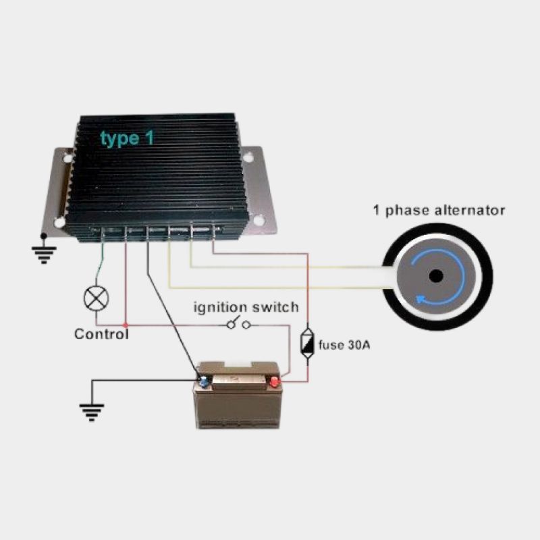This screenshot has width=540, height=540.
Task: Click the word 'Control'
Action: [x=101, y=333]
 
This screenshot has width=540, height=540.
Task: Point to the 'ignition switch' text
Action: [x=246, y=308]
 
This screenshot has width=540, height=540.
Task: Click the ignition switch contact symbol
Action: [x=240, y=325]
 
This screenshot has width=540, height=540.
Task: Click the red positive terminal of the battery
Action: [x=275, y=382]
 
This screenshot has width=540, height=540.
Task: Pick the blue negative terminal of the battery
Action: [x=202, y=381]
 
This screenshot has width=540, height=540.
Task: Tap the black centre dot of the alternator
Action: [x=436, y=275]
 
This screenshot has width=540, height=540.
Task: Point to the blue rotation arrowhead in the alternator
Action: [x=422, y=298]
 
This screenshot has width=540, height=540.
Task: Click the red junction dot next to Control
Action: [x=125, y=325]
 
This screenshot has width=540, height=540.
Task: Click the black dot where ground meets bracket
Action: [x=44, y=236]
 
